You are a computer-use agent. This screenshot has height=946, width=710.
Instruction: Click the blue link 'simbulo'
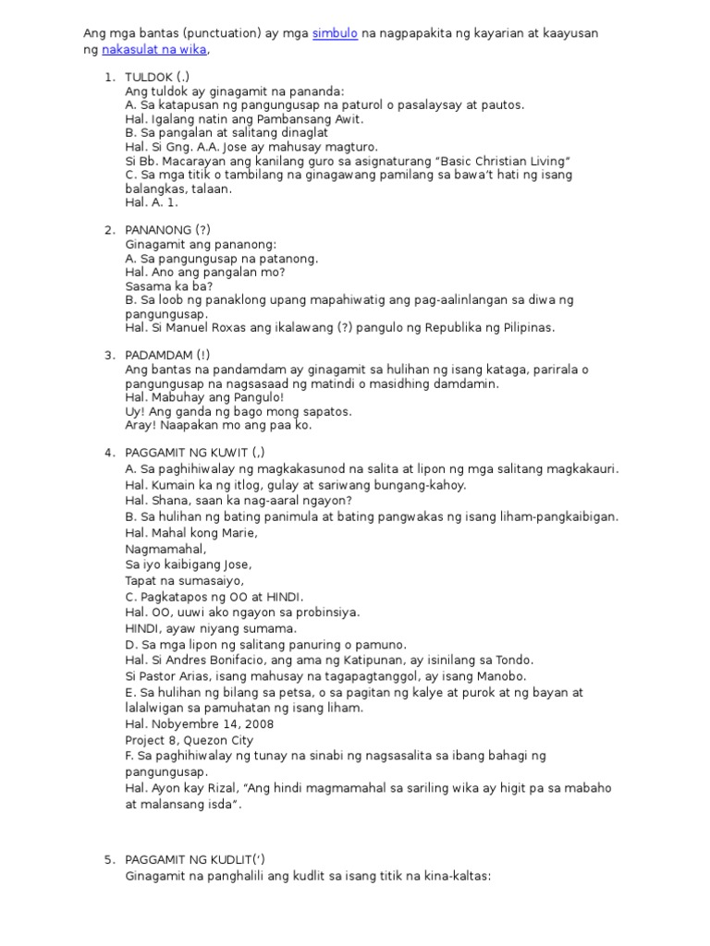click(335, 33)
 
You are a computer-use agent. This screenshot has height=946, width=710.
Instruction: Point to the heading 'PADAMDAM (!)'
click(167, 355)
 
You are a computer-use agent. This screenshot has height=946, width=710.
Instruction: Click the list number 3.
click(108, 355)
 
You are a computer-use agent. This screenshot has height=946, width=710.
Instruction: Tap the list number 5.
click(108, 860)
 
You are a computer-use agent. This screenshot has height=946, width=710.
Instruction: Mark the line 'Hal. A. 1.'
click(152, 202)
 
